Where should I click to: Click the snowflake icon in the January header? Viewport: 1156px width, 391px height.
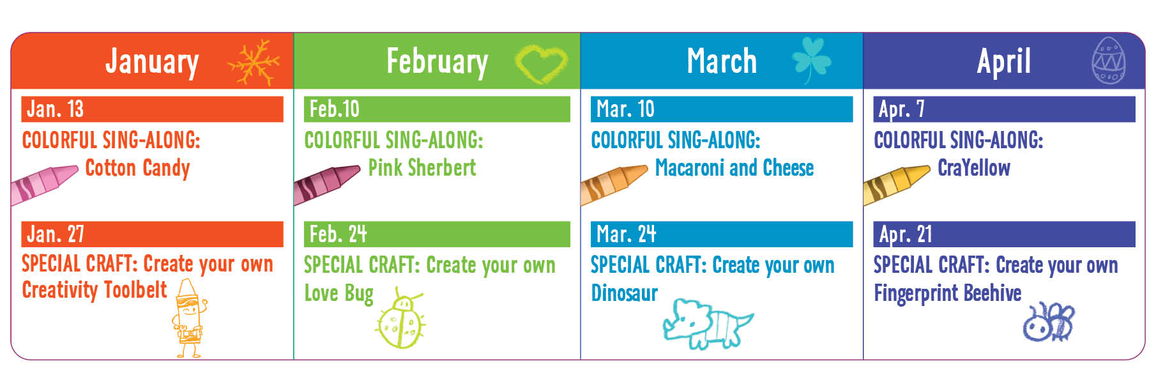pyautogui.click(x=254, y=63)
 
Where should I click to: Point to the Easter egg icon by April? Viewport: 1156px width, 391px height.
pyautogui.click(x=1108, y=61)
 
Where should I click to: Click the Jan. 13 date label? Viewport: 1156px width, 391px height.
pyautogui.click(x=55, y=109)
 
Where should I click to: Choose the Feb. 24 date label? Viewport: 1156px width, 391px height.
pyautogui.click(x=338, y=234)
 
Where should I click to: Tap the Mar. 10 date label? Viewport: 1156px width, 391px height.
pyautogui.click(x=625, y=109)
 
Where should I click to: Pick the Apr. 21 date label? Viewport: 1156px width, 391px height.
pyautogui.click(x=906, y=234)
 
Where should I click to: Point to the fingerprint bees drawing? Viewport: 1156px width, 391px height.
pyautogui.click(x=1048, y=322)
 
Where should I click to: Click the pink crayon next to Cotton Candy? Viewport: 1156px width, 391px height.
pyautogui.click(x=43, y=184)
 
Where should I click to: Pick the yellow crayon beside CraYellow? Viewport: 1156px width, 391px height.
pyautogui.click(x=895, y=184)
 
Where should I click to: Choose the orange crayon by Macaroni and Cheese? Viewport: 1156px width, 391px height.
pyautogui.click(x=613, y=184)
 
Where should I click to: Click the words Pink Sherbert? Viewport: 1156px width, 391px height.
pyautogui.click(x=422, y=168)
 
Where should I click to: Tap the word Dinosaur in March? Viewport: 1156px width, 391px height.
pyautogui.click(x=624, y=293)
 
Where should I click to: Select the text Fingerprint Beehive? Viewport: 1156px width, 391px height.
pyautogui.click(x=948, y=294)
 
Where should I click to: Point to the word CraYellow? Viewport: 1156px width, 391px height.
pyautogui.click(x=974, y=168)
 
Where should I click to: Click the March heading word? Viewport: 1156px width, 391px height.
pyautogui.click(x=722, y=61)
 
